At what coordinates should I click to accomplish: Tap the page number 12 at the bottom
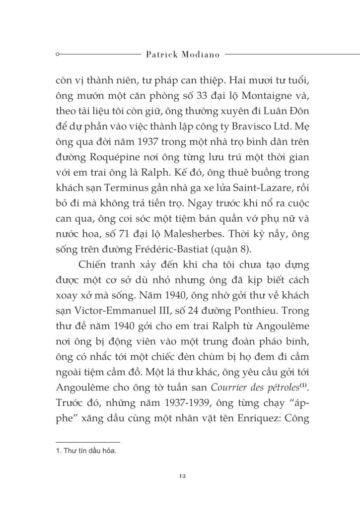182,476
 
